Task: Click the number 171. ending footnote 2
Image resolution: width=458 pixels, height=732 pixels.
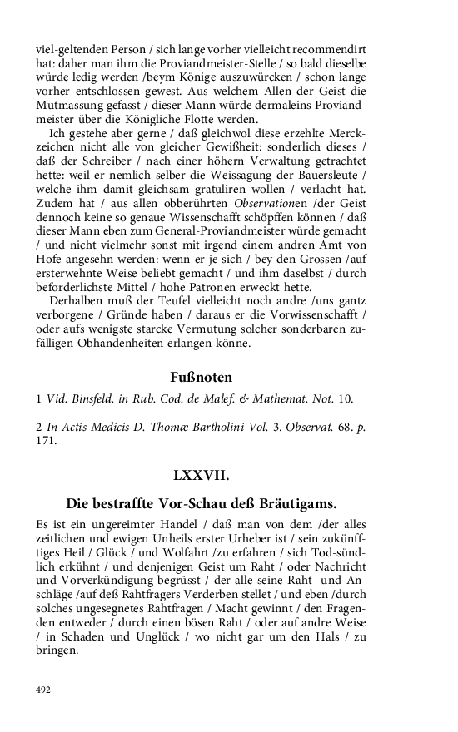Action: tap(46, 441)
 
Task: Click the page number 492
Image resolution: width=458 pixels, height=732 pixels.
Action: tap(44, 690)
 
